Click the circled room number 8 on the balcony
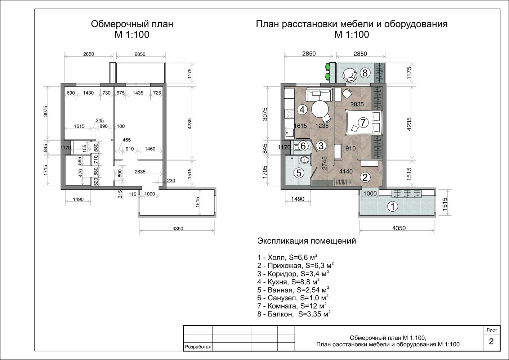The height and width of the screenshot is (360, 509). [x=365, y=73]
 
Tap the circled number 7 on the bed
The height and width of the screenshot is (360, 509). [x=363, y=123]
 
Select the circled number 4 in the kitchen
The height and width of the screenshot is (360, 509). [x=302, y=110]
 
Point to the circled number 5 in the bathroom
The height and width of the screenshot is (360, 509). [x=299, y=173]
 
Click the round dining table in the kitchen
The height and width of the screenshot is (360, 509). [x=320, y=109]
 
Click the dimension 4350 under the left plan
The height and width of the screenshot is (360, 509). [x=178, y=228]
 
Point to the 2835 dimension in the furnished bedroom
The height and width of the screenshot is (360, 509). [x=357, y=104]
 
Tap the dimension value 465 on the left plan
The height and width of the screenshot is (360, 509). [x=126, y=140]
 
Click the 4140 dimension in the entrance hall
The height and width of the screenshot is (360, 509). [x=346, y=171]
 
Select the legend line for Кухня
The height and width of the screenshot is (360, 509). [x=288, y=282]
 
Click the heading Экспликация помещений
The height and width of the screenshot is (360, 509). [x=307, y=241]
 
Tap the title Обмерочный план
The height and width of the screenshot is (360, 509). [x=132, y=24]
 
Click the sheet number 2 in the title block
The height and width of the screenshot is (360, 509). [x=491, y=341]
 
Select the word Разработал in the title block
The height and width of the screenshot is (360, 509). [x=198, y=347]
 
